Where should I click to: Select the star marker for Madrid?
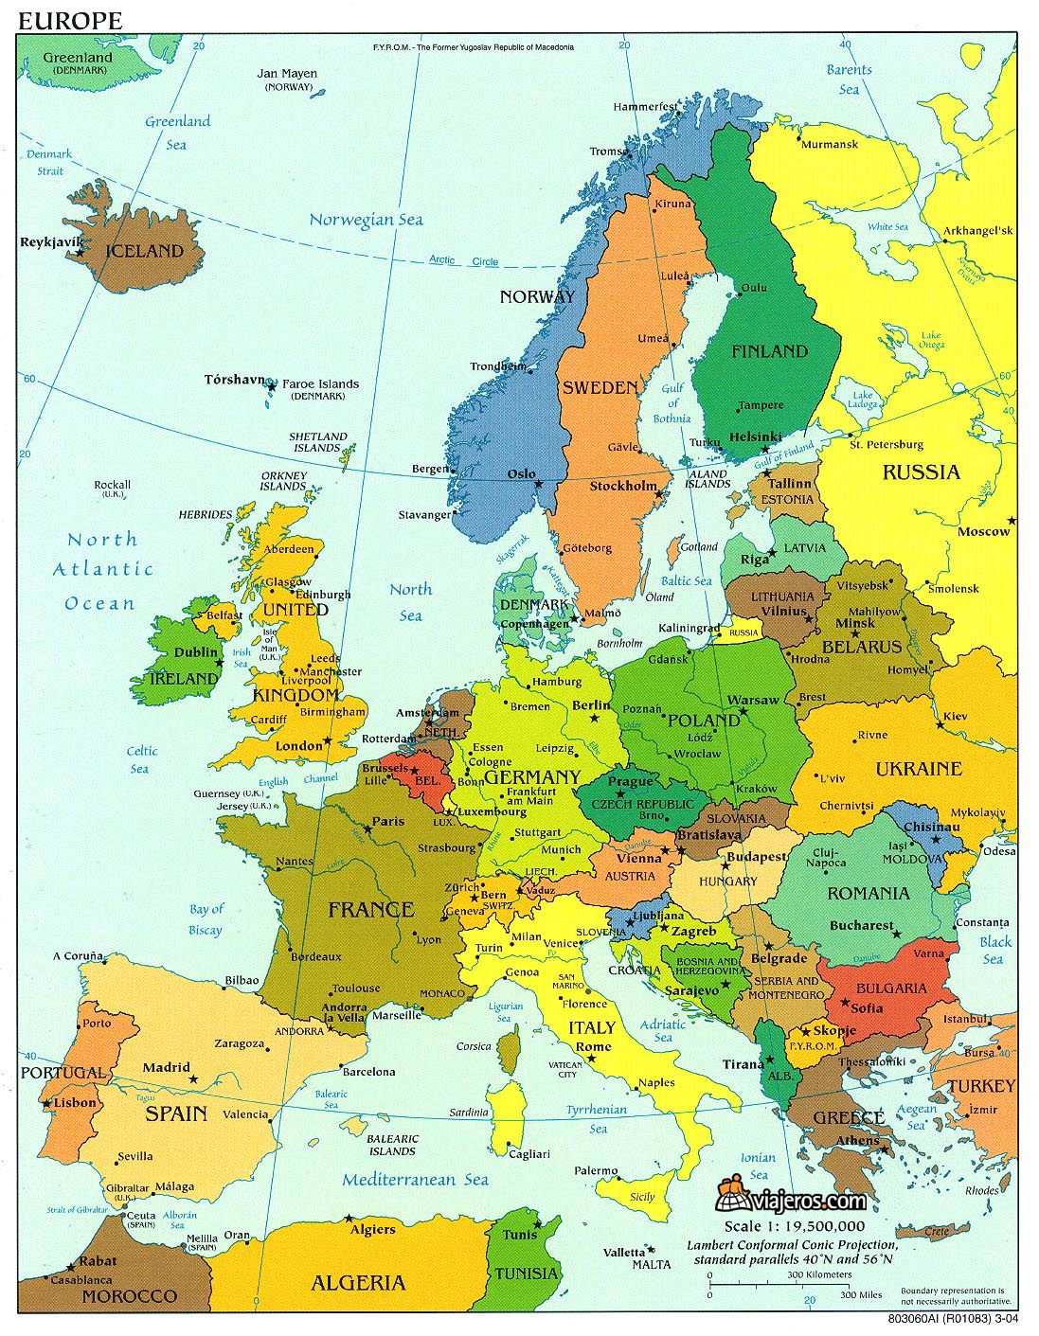(x=193, y=1079)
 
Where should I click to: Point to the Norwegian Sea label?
(x=366, y=220)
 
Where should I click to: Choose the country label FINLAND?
(x=769, y=351)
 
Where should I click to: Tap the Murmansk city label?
(x=829, y=145)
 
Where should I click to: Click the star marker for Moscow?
(x=1012, y=520)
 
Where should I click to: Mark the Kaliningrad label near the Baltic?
(x=683, y=628)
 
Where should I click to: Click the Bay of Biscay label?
(x=206, y=918)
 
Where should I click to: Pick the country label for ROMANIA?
(x=868, y=893)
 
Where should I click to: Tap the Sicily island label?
(x=642, y=1197)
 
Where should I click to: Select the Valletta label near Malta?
(x=626, y=1251)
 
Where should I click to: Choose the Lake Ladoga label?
(x=861, y=401)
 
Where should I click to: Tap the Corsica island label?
(x=474, y=1046)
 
